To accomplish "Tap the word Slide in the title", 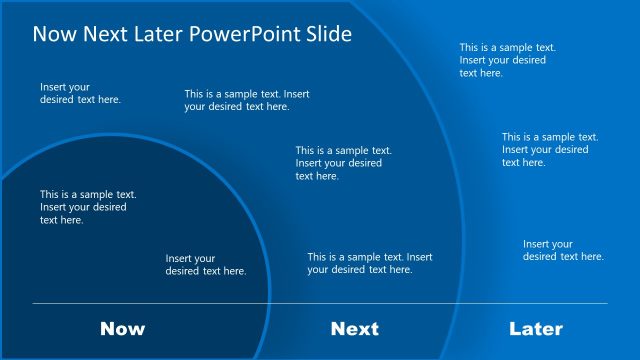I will [328, 34].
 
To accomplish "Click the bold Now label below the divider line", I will [122, 329].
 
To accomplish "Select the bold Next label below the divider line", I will [354, 329].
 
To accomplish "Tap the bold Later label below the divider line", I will [536, 329].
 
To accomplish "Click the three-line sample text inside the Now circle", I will [88, 207].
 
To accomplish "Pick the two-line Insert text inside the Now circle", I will [205, 265].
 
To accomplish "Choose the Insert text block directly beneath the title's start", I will [80, 93].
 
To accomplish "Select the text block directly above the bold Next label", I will [369, 263].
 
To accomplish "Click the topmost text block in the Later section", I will [507, 60].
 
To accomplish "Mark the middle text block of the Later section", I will [549, 149].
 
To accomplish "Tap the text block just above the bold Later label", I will [563, 250].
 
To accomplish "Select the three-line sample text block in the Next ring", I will [343, 163].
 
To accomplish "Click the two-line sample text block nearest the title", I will [246, 100].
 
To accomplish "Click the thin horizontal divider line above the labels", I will [320, 303].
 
